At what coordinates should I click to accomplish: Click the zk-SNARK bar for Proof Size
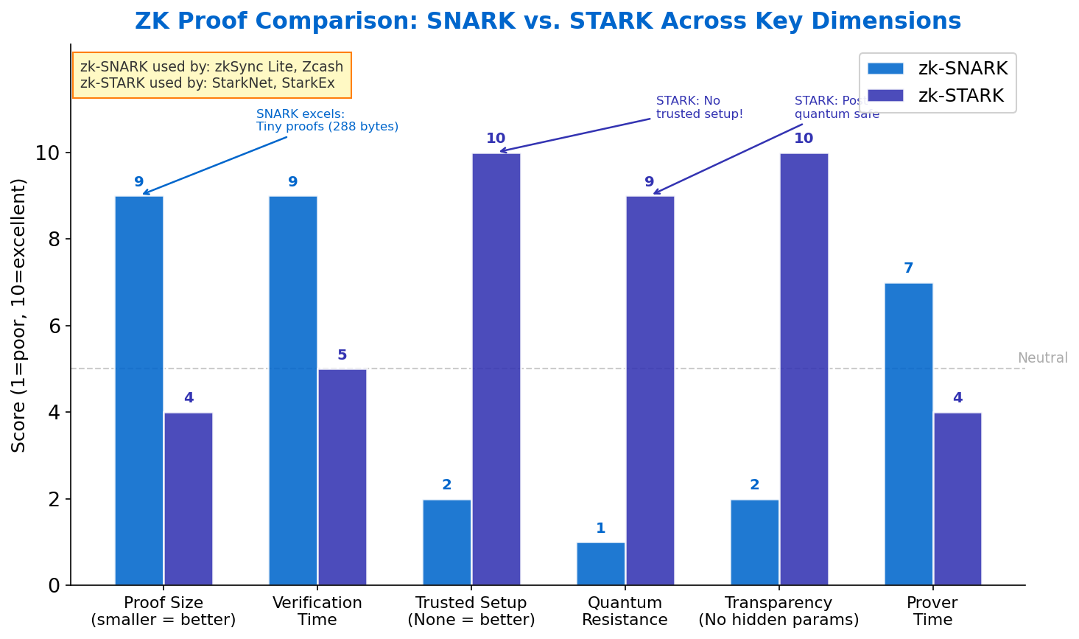click(x=139, y=391)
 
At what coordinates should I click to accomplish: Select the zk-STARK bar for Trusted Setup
click(x=496, y=369)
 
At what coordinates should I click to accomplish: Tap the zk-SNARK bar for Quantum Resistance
click(x=600, y=564)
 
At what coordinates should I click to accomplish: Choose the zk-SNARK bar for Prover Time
click(x=908, y=434)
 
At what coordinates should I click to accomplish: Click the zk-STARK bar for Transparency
click(x=804, y=369)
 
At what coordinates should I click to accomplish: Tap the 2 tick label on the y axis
click(x=54, y=500)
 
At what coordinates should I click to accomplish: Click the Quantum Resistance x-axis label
click(x=625, y=611)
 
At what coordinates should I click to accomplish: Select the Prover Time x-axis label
click(x=932, y=611)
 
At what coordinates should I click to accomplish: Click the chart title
click(x=548, y=21)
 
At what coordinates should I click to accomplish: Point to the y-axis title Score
click(x=19, y=315)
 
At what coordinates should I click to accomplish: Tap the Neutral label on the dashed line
click(x=1042, y=358)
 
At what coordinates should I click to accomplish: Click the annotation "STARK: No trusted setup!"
click(x=699, y=108)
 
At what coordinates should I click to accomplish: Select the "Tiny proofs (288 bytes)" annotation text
click(x=327, y=127)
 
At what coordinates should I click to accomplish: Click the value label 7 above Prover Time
click(x=908, y=268)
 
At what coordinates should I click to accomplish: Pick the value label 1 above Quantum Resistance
click(x=600, y=528)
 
